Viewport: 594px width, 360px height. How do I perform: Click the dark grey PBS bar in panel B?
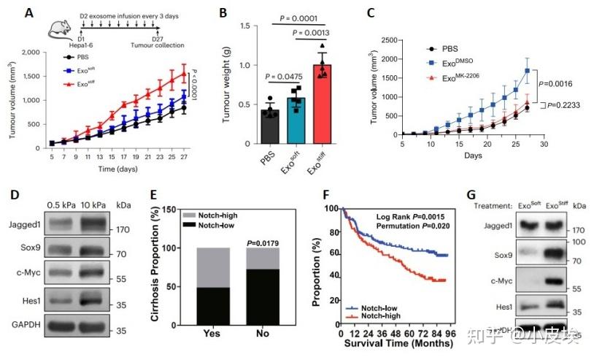coord(270,129)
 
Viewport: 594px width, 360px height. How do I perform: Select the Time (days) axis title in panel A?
coord(120,168)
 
